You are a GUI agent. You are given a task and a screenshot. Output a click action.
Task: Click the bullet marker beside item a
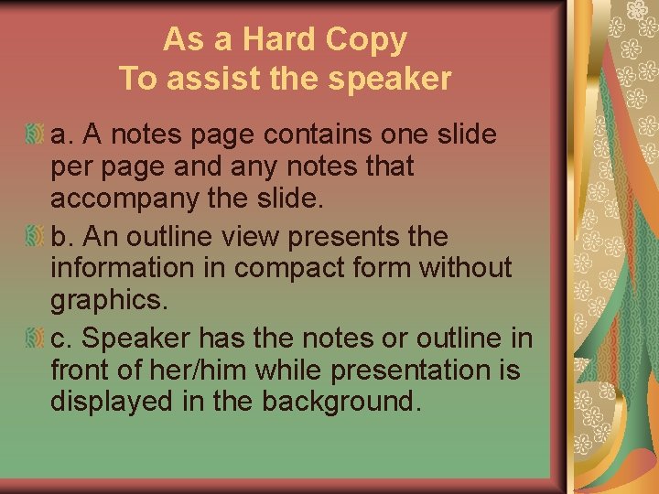coord(35,135)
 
